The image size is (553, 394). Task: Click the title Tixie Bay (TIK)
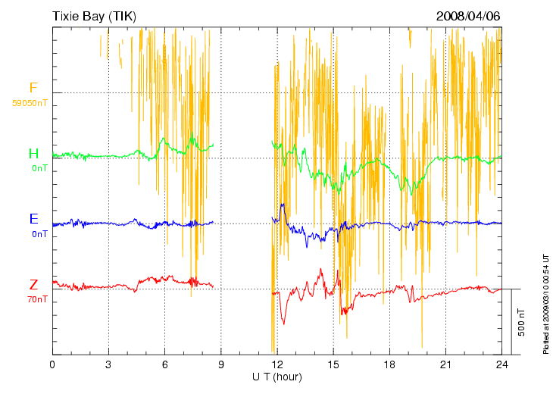[94, 16]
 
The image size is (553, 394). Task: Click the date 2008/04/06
[468, 16]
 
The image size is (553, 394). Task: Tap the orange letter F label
[33, 88]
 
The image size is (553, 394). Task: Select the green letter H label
[33, 154]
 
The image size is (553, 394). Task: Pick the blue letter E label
[33, 219]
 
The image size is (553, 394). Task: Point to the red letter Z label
[33, 285]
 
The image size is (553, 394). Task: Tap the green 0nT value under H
[39, 167]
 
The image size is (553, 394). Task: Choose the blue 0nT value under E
[39, 234]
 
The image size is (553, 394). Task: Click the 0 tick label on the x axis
[52, 364]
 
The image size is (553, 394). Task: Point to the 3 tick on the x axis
[108, 364]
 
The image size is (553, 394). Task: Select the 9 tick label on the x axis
[221, 364]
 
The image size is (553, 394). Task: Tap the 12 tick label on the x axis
[277, 364]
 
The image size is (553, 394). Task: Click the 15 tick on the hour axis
[333, 364]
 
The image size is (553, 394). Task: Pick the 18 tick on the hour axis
[389, 364]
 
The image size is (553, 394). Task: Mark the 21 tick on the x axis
[445, 364]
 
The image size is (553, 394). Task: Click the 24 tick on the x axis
[501, 364]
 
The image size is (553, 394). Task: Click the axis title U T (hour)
[277, 377]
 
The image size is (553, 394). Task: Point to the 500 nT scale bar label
[521, 322]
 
